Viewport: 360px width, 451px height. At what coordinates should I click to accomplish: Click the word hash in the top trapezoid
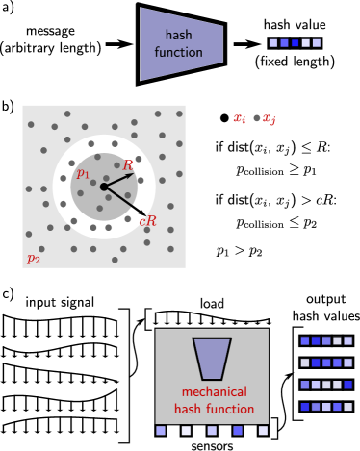tap(179, 36)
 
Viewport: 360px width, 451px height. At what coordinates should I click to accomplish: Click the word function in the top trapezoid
tap(179, 52)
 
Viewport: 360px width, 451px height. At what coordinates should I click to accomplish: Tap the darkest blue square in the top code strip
tap(295, 43)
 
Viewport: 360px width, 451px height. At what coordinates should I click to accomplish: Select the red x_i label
tap(240, 119)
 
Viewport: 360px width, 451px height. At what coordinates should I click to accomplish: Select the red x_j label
tap(270, 119)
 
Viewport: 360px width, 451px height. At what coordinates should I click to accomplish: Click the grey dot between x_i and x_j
tap(256, 118)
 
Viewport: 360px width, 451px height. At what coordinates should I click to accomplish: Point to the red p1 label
tap(83, 174)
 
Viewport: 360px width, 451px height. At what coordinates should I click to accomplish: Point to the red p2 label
tap(33, 258)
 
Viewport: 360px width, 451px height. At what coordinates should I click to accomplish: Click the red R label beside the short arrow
tap(128, 165)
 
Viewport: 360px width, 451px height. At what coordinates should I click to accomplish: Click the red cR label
tap(147, 221)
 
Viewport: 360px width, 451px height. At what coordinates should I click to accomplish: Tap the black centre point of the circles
tap(104, 187)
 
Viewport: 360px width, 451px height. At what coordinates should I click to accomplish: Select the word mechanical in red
tap(214, 391)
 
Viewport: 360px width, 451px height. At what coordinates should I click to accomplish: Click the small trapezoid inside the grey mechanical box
tap(212, 358)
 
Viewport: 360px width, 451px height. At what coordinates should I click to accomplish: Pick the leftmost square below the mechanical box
tap(161, 431)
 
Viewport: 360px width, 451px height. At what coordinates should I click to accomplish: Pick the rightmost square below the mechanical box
tap(263, 431)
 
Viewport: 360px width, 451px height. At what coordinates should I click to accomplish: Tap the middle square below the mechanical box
tap(212, 431)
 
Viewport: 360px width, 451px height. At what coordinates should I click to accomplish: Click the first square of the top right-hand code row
tap(305, 340)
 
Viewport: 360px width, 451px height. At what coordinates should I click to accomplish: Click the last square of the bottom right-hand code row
tap(347, 407)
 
